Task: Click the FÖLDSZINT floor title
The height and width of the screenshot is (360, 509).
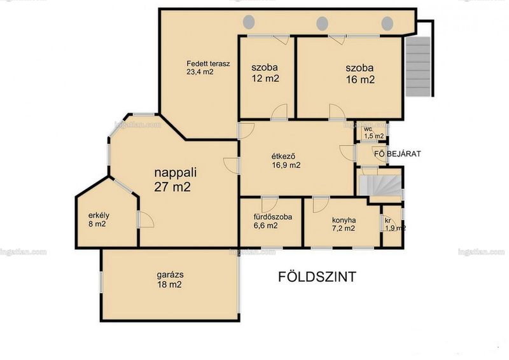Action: [x=317, y=277]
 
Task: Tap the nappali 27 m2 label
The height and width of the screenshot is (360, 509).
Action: [x=176, y=179]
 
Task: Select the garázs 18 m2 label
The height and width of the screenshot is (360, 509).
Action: [x=170, y=279]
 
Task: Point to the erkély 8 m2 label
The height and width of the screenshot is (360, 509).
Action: [x=99, y=219]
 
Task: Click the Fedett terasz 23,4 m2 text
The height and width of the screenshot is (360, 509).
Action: [x=208, y=67]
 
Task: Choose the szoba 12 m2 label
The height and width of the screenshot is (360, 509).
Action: [x=265, y=73]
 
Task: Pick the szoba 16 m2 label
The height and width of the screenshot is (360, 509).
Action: [x=359, y=74]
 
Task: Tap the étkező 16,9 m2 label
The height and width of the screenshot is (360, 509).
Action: [x=286, y=161]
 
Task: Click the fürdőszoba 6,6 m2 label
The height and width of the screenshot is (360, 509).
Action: [x=273, y=221]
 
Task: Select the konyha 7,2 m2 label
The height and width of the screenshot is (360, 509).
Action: [x=344, y=224]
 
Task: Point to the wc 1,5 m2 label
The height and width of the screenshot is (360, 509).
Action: [x=373, y=133]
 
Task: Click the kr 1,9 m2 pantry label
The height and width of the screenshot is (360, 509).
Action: [x=394, y=225]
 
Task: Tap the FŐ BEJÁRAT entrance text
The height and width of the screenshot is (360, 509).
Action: [x=397, y=153]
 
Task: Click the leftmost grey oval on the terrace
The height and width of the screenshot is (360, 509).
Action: [x=249, y=22]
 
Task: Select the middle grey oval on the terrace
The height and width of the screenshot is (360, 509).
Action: [x=322, y=24]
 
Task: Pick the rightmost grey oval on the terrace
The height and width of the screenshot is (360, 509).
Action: [x=387, y=24]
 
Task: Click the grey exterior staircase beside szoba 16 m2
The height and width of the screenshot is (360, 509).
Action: [x=418, y=66]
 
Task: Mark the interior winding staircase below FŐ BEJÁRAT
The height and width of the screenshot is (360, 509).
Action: [x=380, y=185]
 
